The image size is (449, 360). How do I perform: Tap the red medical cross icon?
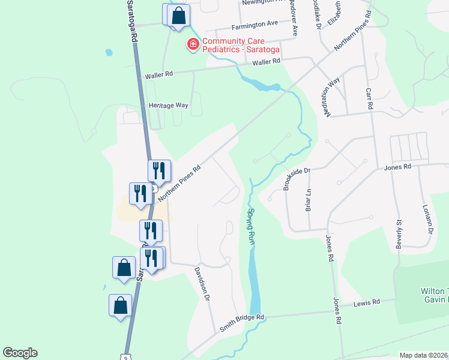(x=193, y=44)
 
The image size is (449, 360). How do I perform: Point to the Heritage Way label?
(x=169, y=105)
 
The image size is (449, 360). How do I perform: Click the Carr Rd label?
(x=370, y=99)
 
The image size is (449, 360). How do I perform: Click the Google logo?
(x=20, y=353)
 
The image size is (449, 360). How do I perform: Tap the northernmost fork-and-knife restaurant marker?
(x=159, y=170)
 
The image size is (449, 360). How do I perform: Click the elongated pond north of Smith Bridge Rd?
(x=255, y=282)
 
